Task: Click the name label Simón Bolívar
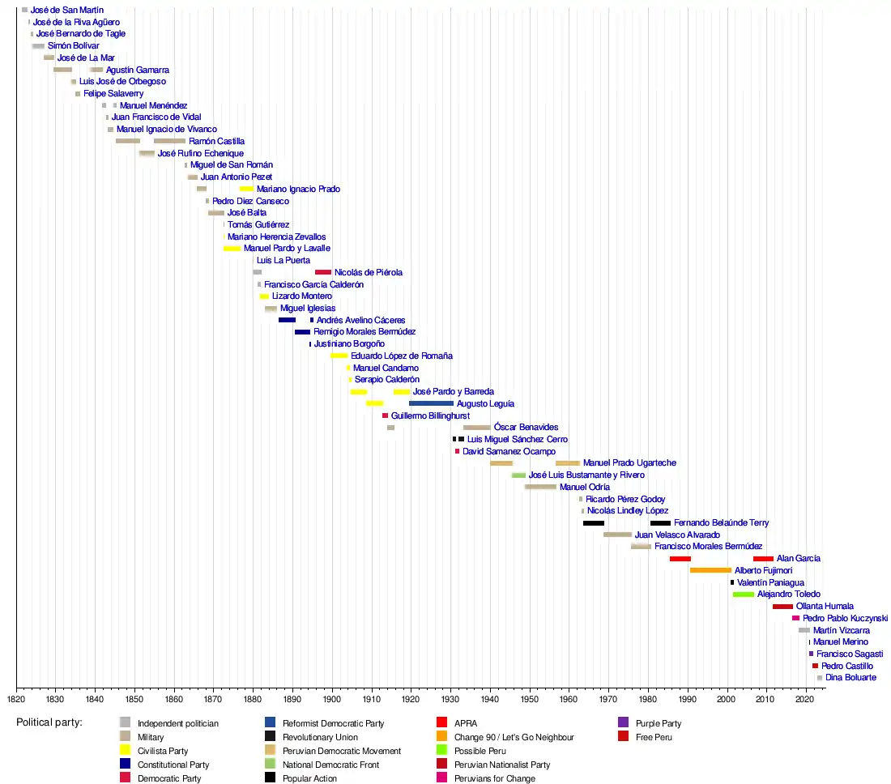73,46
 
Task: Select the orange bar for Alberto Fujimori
710,570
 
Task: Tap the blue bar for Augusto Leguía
431,403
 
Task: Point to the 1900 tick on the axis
332,688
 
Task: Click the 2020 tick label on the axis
804,698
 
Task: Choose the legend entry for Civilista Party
162,751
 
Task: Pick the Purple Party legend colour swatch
623,723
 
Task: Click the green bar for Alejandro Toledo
744,594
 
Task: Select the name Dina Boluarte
850,678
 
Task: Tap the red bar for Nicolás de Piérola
323,272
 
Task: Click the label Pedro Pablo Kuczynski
845,618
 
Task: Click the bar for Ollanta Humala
782,607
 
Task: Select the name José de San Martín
67,10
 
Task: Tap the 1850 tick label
134,698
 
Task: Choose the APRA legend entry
465,723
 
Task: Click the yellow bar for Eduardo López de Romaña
339,356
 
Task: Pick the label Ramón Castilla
216,141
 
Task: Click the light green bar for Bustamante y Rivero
518,475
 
